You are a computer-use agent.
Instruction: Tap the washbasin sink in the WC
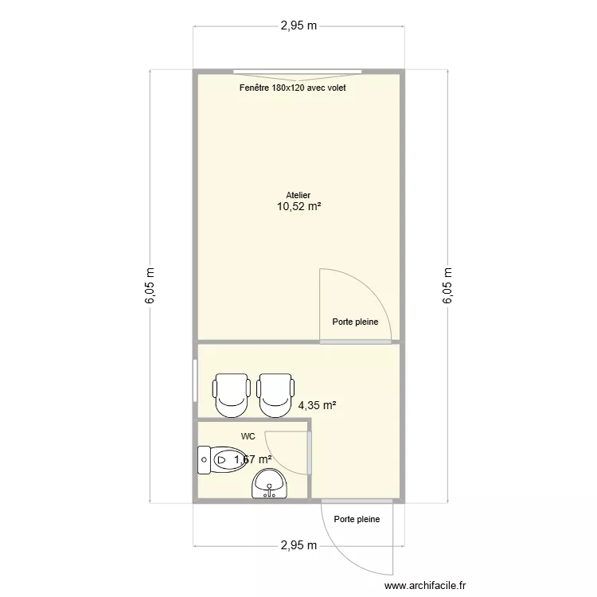coord(269,483)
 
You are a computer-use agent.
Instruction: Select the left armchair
coord(232,395)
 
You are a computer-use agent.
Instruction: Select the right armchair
coord(275,395)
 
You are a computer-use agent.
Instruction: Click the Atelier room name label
coord(298,195)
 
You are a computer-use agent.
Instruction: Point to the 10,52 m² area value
coord(298,207)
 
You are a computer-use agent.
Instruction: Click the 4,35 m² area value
coord(317,405)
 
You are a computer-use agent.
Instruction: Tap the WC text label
coord(248,436)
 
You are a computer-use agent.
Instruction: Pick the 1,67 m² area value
coord(253,459)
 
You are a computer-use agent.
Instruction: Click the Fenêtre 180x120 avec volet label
coord(292,88)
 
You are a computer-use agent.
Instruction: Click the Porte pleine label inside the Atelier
coord(355,322)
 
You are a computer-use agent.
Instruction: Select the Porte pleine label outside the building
coord(357,519)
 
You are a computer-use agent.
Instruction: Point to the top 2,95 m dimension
coord(298,25)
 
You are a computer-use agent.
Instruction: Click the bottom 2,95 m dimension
coord(298,545)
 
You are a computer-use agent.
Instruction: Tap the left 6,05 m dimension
coord(150,286)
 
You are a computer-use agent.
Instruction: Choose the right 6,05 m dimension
coord(447,286)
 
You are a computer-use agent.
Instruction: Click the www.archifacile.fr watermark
coord(425,585)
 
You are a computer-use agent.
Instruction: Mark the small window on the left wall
coord(195,380)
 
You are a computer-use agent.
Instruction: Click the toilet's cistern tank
coord(204,460)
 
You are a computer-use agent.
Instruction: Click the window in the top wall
coord(298,72)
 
